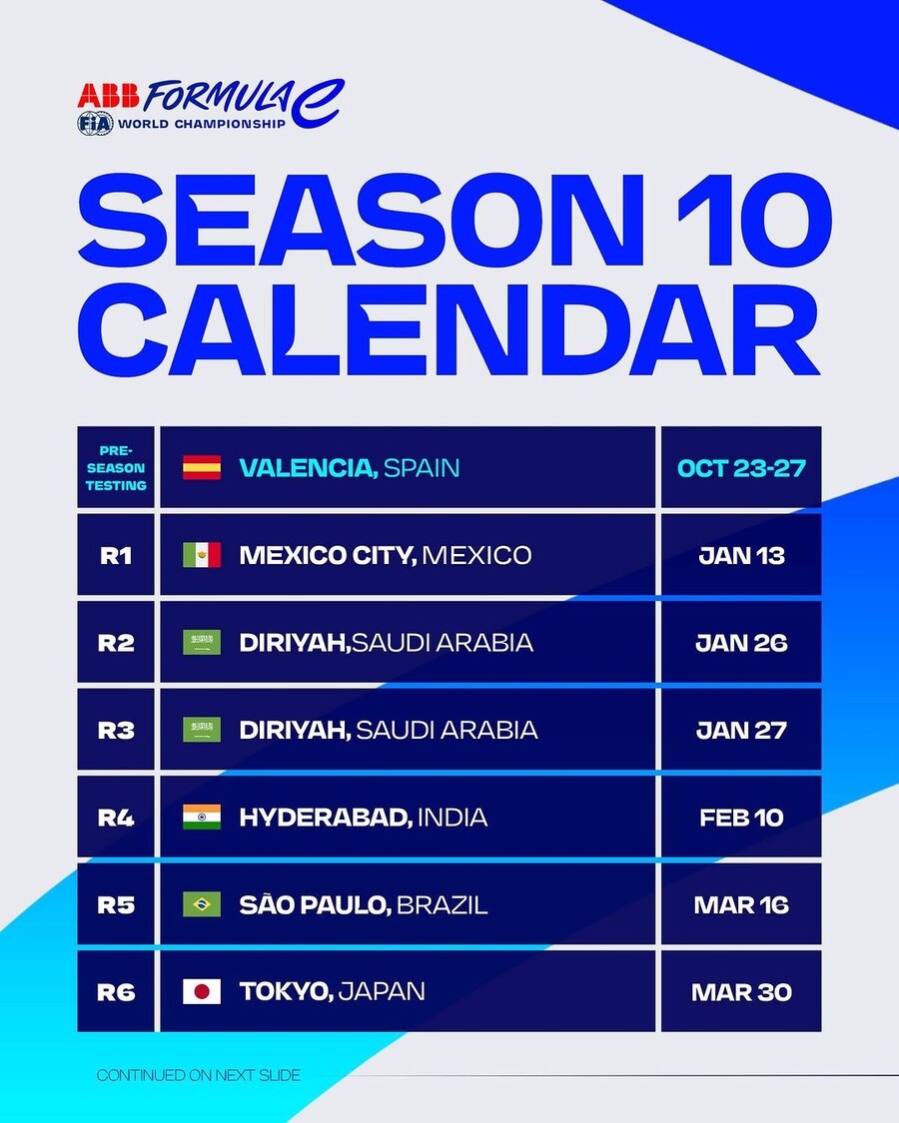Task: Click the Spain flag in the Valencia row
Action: (x=202, y=468)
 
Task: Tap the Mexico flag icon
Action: (x=202, y=555)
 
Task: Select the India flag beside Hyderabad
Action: (x=202, y=818)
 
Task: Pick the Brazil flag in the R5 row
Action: (x=202, y=904)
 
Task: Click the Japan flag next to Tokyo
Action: (x=202, y=992)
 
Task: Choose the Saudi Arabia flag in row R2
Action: (x=202, y=643)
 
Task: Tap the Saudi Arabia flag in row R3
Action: (x=202, y=730)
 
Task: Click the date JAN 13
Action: (x=741, y=556)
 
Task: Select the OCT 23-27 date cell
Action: (x=741, y=468)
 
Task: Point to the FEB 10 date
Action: (x=741, y=818)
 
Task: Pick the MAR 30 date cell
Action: (x=741, y=992)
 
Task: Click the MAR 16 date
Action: (x=741, y=905)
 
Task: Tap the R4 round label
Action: (x=116, y=818)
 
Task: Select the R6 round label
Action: (x=116, y=992)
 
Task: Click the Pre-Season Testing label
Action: (x=116, y=468)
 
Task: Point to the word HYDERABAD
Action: (x=326, y=818)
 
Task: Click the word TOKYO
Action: (x=286, y=992)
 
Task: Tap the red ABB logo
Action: (x=108, y=96)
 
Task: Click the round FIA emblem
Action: (x=95, y=124)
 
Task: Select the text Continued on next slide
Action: (x=199, y=1075)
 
